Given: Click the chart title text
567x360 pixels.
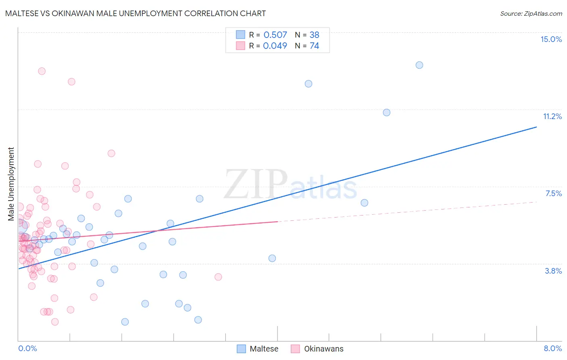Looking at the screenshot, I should [135, 13].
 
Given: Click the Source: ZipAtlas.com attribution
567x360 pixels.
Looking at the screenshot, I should [531, 13].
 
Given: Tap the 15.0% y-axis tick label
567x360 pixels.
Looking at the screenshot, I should [551, 39].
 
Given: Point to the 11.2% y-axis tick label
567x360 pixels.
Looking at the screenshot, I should [552, 116].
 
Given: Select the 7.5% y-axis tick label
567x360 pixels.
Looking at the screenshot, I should [553, 193].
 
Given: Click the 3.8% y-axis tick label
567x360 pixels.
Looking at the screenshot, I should [553, 271].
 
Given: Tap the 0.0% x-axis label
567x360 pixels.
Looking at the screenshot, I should [27, 348].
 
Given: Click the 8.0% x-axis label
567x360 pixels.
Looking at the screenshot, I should [552, 348].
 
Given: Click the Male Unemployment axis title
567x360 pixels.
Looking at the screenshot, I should [11, 184].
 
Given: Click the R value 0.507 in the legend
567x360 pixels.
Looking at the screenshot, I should [275, 35].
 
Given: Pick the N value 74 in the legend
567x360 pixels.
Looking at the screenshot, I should [314, 46].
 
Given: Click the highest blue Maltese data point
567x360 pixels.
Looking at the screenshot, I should [419, 65].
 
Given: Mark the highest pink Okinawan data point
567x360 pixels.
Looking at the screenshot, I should [42, 71].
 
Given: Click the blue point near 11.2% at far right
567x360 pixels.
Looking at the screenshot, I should [387, 113].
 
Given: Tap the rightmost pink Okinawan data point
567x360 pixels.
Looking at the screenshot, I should [218, 277].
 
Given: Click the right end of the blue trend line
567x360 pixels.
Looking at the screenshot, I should [536, 127].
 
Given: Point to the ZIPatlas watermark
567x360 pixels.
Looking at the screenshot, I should [290, 185].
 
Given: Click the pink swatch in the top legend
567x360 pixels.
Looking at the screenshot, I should [240, 46].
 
